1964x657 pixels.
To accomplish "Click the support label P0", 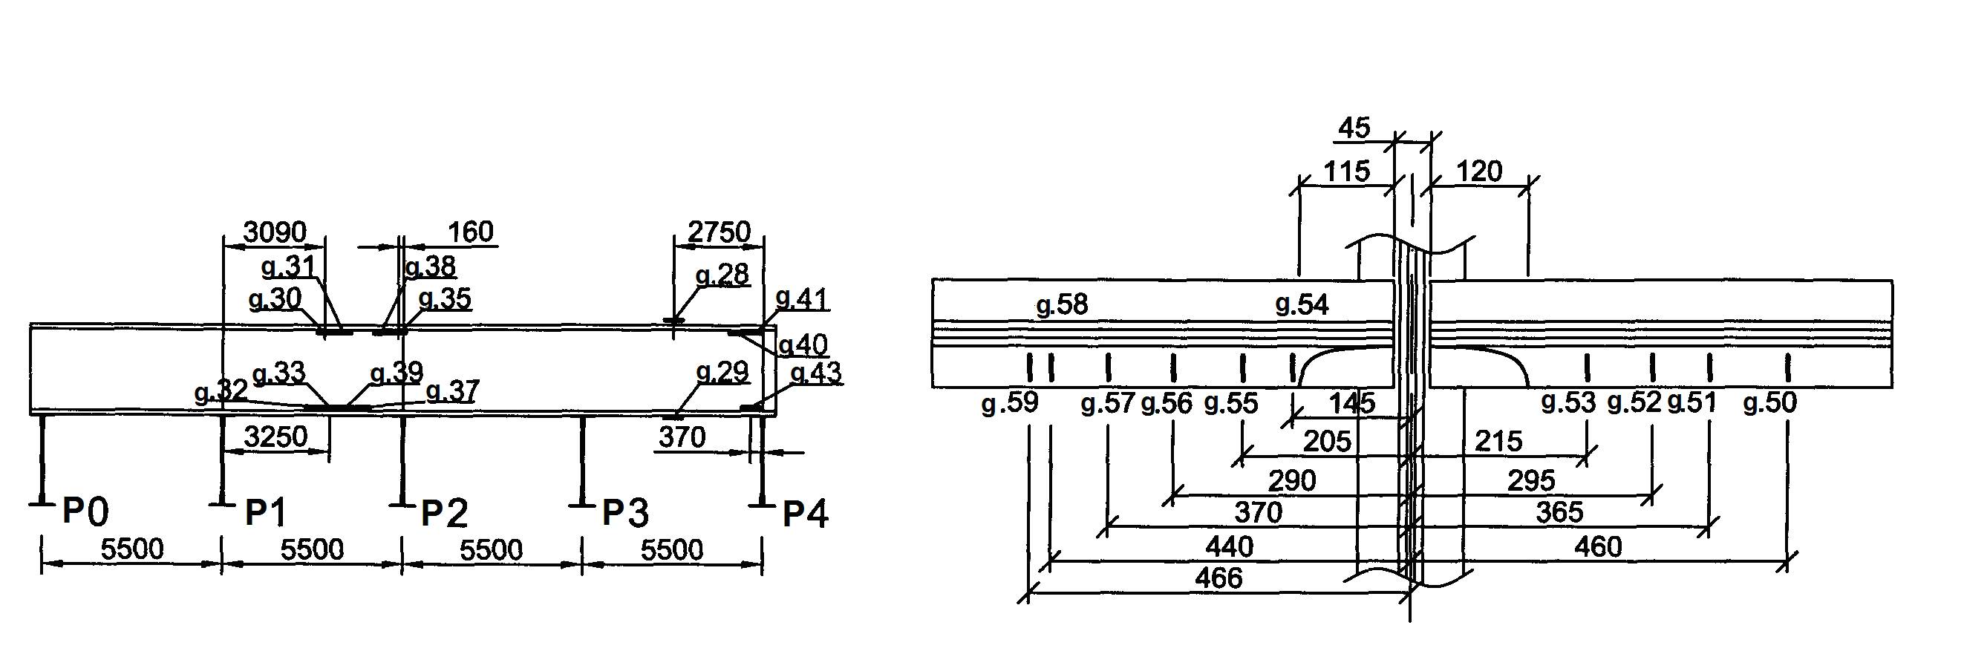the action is tap(85, 511).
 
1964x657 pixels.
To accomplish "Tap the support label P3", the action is tap(625, 513).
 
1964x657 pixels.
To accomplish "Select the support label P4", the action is tap(806, 514).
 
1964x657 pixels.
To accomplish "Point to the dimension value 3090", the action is tap(275, 232).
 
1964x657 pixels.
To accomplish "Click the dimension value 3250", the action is tap(275, 437).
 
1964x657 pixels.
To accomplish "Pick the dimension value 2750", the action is tap(719, 232).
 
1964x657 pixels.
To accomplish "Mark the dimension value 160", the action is tap(471, 232).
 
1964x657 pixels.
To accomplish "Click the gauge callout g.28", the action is tap(722, 275).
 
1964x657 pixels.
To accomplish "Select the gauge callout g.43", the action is tap(816, 373).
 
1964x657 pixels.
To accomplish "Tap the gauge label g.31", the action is tap(288, 267).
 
